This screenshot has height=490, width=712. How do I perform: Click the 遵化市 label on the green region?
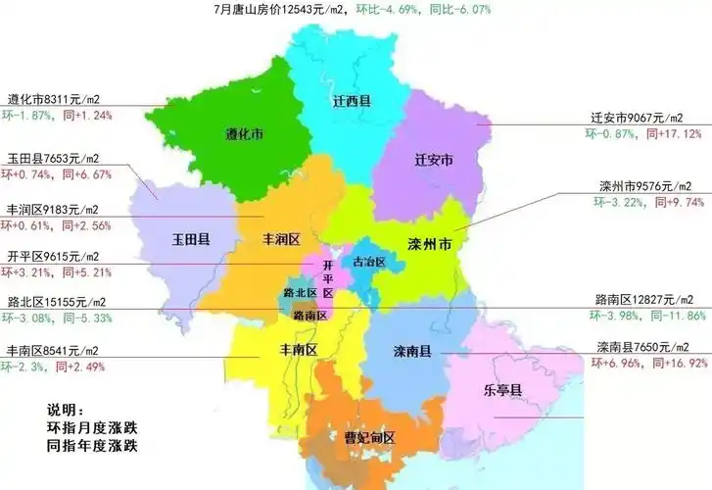tap(245, 133)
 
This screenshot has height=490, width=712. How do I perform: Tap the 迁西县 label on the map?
tap(350, 101)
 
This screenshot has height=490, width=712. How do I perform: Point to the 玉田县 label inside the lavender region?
tap(193, 238)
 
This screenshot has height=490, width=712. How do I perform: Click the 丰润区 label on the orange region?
tap(280, 238)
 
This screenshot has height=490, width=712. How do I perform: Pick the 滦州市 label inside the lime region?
tap(428, 243)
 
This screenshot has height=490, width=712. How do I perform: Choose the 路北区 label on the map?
tap(299, 292)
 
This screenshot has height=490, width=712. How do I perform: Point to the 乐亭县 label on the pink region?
tap(502, 389)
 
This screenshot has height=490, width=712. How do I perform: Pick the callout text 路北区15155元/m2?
tap(57, 302)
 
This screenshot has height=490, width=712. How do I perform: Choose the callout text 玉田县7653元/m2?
tap(54, 159)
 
